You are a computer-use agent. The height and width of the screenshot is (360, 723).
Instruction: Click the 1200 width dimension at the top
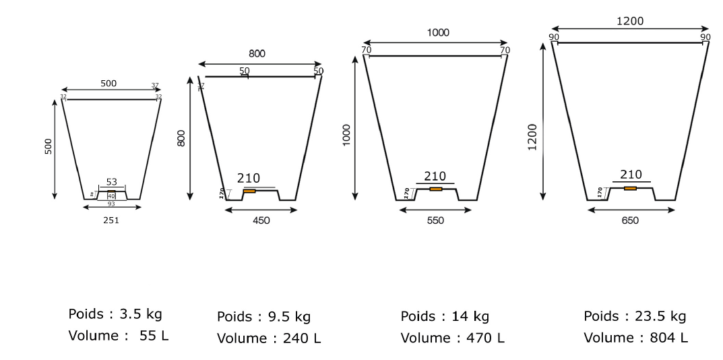pyautogui.click(x=629, y=21)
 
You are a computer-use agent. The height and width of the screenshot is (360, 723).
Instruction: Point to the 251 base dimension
pyautogui.click(x=111, y=220)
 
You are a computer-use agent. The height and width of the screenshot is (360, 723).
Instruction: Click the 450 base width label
pyautogui.click(x=261, y=220)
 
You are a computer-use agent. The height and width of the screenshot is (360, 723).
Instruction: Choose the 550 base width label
pyautogui.click(x=435, y=220)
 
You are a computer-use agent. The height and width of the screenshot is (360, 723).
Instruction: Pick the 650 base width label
pyautogui.click(x=630, y=220)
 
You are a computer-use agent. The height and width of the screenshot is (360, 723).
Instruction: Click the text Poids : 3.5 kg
pyautogui.click(x=115, y=314)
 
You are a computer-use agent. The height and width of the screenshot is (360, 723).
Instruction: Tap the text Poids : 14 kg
pyautogui.click(x=445, y=316)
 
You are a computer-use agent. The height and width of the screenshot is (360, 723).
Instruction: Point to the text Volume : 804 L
pyautogui.click(x=635, y=337)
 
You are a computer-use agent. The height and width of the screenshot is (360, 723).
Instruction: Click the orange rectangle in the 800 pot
pyautogui.click(x=249, y=191)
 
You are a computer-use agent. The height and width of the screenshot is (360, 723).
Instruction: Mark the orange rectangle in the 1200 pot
pyautogui.click(x=630, y=188)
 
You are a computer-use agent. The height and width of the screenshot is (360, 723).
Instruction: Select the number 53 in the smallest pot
pyautogui.click(x=112, y=182)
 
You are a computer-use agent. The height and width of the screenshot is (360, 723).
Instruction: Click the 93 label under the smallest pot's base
pyautogui.click(x=112, y=203)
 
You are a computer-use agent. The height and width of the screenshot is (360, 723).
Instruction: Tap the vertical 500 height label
pyautogui.click(x=48, y=148)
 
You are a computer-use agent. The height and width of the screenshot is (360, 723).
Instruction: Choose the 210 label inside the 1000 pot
pyautogui.click(x=435, y=176)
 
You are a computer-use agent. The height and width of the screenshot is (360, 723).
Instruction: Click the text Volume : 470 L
pyautogui.click(x=451, y=337)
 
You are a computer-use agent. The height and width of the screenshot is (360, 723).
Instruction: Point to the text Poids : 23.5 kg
pyautogui.click(x=635, y=316)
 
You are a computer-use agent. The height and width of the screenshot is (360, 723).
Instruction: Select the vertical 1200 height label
pyautogui.click(x=532, y=138)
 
